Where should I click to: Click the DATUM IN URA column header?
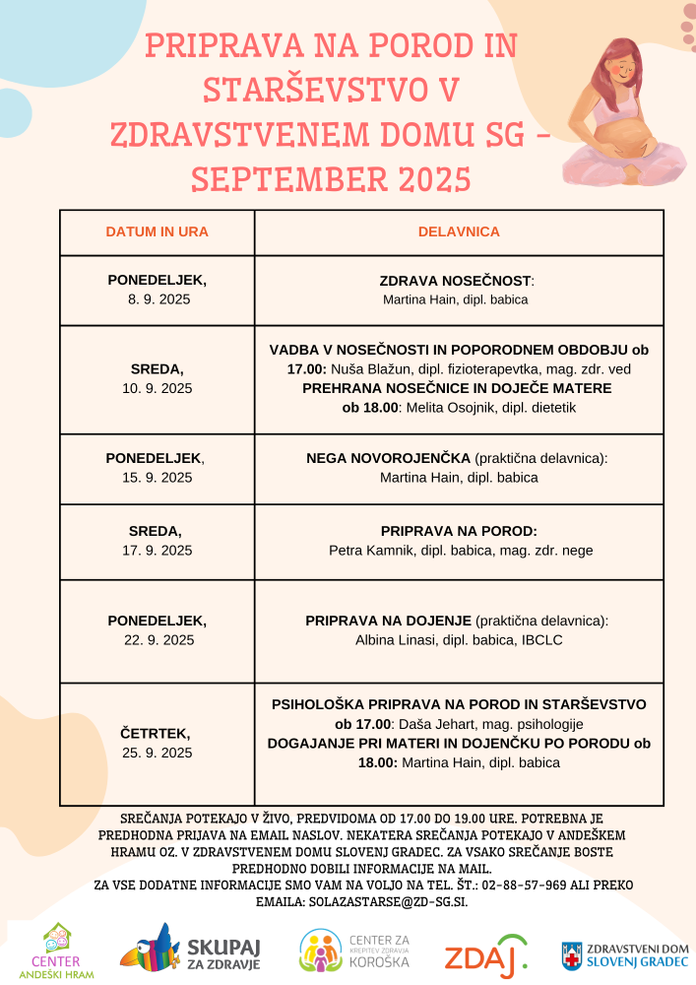point(157,232)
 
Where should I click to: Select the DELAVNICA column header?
point(459,232)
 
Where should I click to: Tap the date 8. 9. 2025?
point(158,298)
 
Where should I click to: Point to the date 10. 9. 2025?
point(158,388)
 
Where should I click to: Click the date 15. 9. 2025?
point(158,478)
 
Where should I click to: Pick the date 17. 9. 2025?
point(158,550)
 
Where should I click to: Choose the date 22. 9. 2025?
point(158,639)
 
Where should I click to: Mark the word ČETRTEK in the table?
point(158,734)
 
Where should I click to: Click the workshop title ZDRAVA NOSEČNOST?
point(456,281)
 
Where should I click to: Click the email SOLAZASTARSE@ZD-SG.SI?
point(402,901)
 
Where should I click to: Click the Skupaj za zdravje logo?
point(190,951)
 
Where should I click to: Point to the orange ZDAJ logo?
point(485,956)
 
